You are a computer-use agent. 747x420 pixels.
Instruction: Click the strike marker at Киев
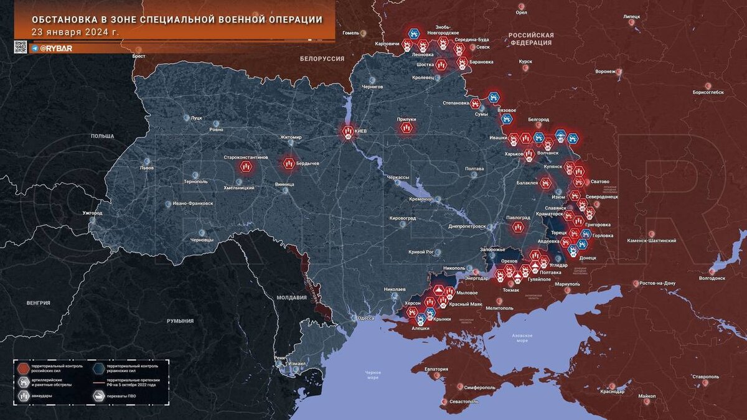[347, 131]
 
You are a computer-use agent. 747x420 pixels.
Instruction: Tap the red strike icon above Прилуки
[406, 128]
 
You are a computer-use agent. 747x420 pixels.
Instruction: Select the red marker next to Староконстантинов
[246, 166]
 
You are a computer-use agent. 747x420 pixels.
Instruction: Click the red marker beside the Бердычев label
[289, 163]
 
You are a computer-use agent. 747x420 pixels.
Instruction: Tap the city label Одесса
[365, 318]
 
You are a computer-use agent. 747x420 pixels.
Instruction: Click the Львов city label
[146, 168]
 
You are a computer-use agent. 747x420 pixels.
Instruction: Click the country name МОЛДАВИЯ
[291, 297]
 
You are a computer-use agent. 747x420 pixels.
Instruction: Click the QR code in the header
[21, 47]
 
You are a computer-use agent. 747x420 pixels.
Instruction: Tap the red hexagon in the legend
[23, 367]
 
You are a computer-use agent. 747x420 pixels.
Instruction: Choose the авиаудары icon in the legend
[23, 394]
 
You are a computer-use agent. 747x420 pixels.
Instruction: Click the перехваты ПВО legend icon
[98, 394]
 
